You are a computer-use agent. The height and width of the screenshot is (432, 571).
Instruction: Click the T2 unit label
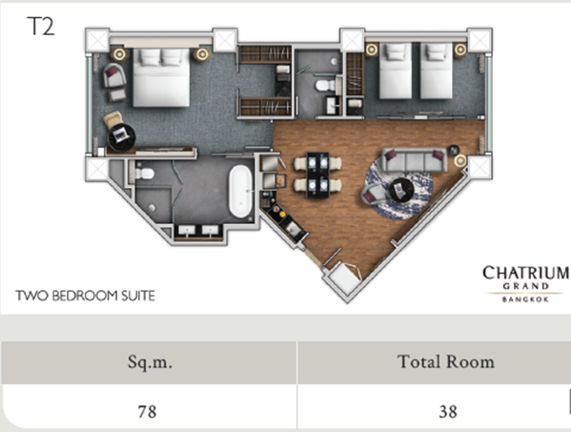point(41,27)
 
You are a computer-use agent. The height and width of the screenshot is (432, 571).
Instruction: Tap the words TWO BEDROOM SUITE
point(85,296)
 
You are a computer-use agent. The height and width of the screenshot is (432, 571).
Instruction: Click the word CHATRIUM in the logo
point(526,273)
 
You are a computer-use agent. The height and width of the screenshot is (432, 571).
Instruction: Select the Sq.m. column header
point(150,362)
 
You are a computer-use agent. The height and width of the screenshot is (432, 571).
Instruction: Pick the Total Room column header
point(446,361)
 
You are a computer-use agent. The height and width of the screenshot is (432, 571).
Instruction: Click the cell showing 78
point(147,412)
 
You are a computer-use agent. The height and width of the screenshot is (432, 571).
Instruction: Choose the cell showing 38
point(448,412)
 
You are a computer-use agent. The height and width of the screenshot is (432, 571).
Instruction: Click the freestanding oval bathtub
point(240,192)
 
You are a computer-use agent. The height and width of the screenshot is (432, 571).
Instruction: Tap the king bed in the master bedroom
point(161,77)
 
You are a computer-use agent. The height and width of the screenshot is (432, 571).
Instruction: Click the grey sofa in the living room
point(415,160)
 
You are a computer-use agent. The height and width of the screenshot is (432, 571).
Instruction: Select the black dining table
point(317,175)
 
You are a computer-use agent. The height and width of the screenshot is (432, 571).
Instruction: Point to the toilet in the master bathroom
point(144,174)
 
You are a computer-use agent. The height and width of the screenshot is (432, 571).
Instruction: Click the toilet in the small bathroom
point(325,86)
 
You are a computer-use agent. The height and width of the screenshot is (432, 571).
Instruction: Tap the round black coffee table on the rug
point(401,190)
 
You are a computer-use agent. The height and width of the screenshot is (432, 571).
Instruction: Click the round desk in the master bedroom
point(122,137)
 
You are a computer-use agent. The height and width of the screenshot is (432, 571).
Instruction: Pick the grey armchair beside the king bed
point(114,75)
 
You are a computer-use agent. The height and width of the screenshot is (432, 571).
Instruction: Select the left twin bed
point(396,71)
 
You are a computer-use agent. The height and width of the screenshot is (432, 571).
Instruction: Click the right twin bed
point(437,71)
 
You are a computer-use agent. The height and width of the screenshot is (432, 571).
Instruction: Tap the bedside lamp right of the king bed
point(202,54)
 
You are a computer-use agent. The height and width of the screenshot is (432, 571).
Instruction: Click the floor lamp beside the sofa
point(460,160)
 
